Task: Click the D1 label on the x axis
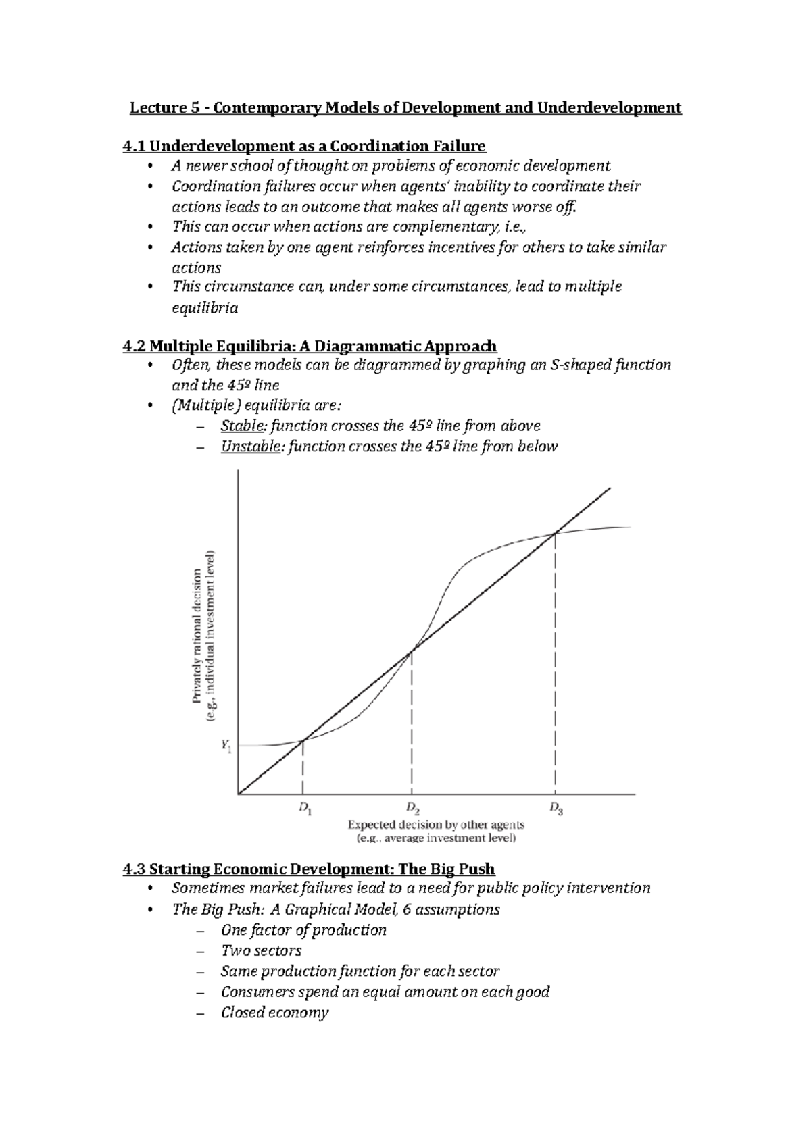(305, 809)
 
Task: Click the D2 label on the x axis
(413, 809)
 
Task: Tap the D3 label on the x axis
(556, 809)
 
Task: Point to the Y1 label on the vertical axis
(225, 746)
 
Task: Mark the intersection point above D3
(556, 534)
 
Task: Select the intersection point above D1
(303, 740)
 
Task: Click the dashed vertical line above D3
(556, 662)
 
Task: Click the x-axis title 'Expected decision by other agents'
(436, 825)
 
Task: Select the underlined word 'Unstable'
(249, 447)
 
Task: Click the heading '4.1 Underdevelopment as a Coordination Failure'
(303, 146)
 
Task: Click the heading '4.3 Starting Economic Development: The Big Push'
(308, 869)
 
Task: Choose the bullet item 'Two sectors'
(260, 951)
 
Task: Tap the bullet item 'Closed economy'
(274, 1013)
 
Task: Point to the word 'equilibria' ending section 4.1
(205, 309)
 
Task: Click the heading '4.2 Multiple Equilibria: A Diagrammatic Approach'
(310, 347)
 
